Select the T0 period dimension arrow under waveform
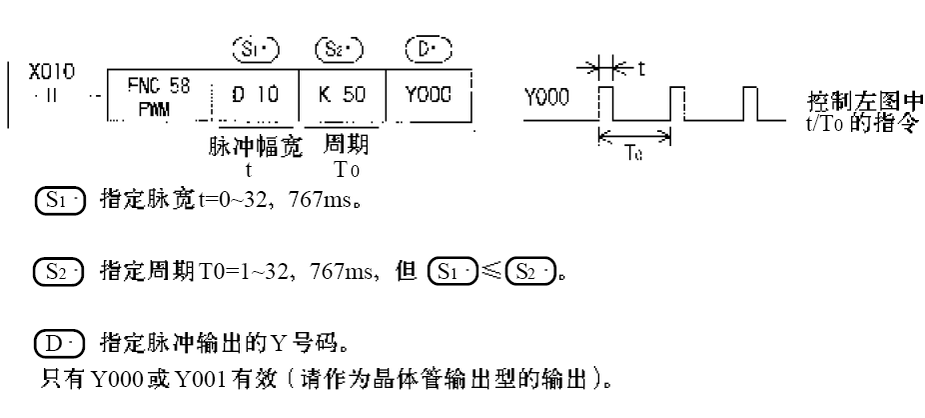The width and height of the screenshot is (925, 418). coord(636,142)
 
